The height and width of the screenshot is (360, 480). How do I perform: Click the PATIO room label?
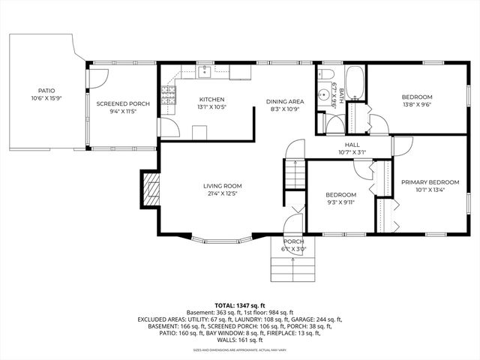point(43,90)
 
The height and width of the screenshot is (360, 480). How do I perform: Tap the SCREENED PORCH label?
point(118,103)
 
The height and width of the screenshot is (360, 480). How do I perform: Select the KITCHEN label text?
point(211,100)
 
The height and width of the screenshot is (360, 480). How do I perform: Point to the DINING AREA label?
point(284,100)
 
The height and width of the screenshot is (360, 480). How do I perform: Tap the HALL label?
point(352,145)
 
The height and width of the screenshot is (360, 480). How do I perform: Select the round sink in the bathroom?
point(324,95)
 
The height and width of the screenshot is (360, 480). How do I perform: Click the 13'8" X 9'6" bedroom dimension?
point(416,105)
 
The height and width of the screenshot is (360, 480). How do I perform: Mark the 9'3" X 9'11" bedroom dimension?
point(340,202)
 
